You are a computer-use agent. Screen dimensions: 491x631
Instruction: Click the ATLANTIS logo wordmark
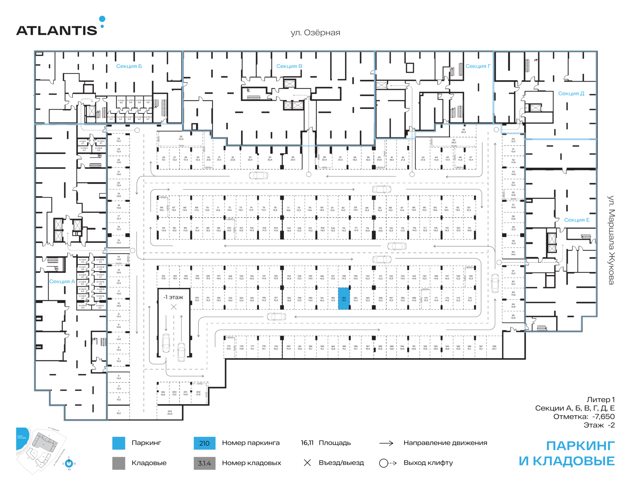(x=57, y=30)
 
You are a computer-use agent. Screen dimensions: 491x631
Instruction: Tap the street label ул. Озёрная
(x=315, y=33)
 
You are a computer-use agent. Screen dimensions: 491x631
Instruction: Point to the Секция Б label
(x=129, y=66)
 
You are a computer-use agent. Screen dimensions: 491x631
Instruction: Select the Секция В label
(x=289, y=66)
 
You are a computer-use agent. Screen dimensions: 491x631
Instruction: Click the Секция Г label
(x=478, y=66)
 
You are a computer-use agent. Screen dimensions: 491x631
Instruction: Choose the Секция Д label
(x=571, y=94)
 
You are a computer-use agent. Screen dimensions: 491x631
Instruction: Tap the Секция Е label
(x=576, y=220)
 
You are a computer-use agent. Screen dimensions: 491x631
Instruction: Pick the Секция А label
(x=62, y=281)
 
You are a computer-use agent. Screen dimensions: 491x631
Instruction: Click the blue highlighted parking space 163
(x=344, y=299)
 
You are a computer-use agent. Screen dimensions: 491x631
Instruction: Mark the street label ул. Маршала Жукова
(x=611, y=240)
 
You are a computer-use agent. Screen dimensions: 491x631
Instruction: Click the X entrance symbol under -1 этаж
(x=174, y=307)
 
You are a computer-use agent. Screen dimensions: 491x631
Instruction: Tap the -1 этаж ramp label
(x=173, y=297)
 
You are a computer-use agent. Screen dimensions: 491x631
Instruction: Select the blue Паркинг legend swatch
(x=119, y=443)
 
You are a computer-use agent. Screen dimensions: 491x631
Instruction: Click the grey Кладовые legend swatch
(x=119, y=463)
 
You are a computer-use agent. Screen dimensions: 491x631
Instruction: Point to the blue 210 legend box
(x=204, y=443)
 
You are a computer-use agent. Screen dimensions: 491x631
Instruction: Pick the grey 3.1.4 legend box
(x=204, y=463)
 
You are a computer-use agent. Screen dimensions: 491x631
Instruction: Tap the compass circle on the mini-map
(x=69, y=463)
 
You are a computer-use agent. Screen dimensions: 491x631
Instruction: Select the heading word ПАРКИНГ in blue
(x=580, y=446)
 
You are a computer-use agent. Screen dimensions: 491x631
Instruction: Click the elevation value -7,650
(x=603, y=417)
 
